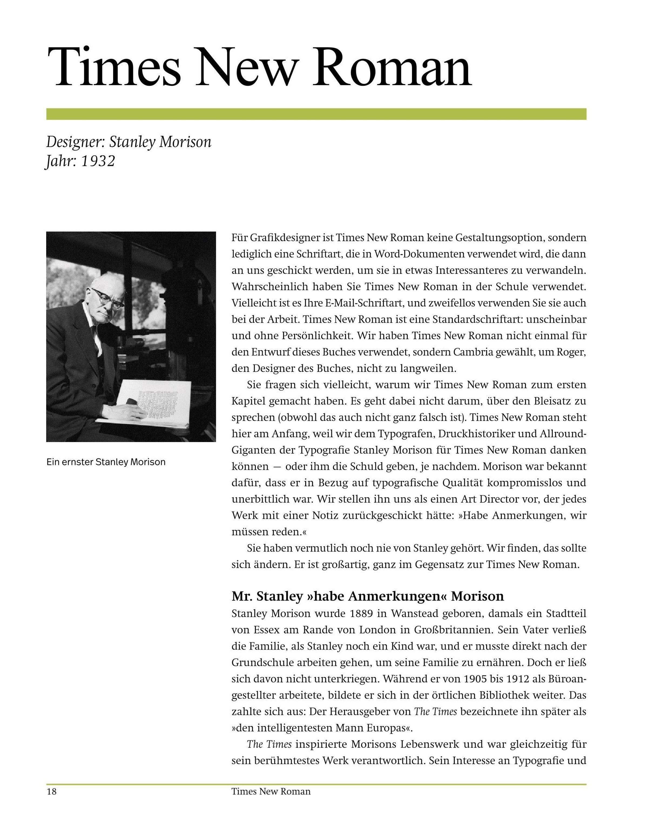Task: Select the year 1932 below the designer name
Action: click(98, 161)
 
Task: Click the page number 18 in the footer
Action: click(51, 791)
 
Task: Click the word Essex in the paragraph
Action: click(267, 630)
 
